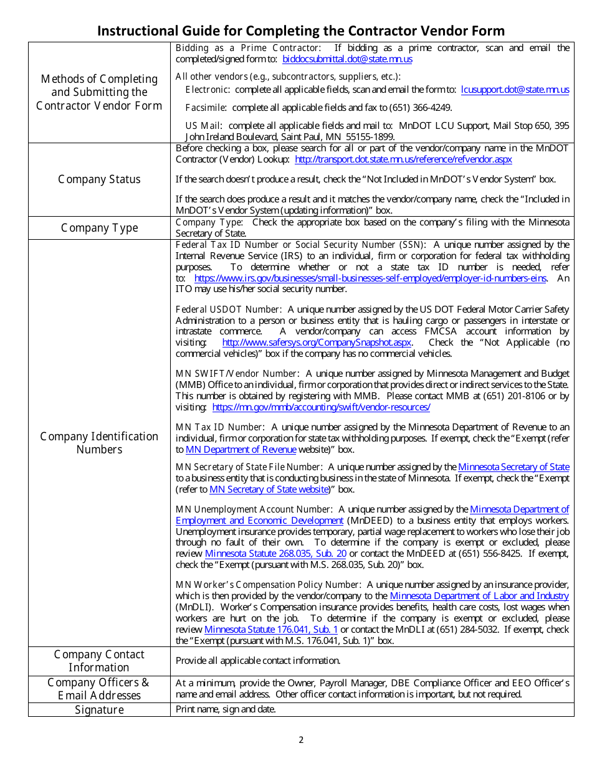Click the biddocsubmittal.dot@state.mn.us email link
point(347,59)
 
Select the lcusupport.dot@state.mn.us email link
point(515,90)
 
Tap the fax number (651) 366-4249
point(420,108)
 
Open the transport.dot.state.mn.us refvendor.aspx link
point(403,159)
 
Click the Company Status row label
point(99,179)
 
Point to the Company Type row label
point(99,228)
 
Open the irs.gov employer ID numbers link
point(370,278)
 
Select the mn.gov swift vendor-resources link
point(321,407)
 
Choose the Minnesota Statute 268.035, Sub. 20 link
point(275,554)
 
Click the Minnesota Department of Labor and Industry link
point(479,596)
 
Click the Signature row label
point(99,710)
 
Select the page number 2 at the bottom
point(301,740)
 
